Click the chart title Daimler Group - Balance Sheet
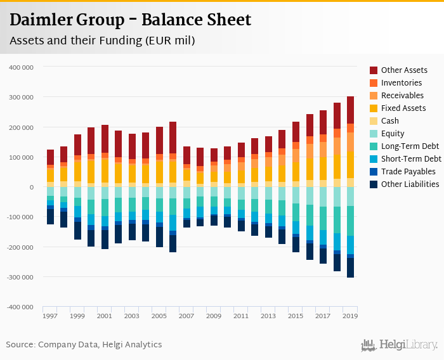click(130, 20)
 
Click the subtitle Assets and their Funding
click(101, 41)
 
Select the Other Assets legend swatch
click(374, 70)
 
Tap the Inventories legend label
click(402, 83)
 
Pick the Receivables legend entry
click(402, 96)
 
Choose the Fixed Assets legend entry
click(403, 108)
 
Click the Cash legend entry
click(389, 121)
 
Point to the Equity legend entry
click(393, 134)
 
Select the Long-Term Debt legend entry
click(410, 146)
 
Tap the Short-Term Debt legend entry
click(411, 159)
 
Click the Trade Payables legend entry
click(408, 172)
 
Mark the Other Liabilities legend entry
click(410, 184)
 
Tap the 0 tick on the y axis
click(31, 187)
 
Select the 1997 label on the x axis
click(50, 316)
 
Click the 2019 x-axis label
click(350, 316)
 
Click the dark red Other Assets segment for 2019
click(351, 110)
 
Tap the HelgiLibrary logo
click(400, 345)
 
